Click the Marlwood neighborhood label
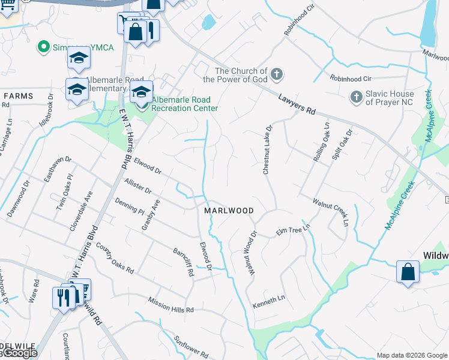coord(229,211)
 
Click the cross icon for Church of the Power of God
coord(276,74)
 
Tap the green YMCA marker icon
coord(43,46)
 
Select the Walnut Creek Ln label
coord(330,209)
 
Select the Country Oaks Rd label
coord(114,259)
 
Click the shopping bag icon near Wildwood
coord(408,271)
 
